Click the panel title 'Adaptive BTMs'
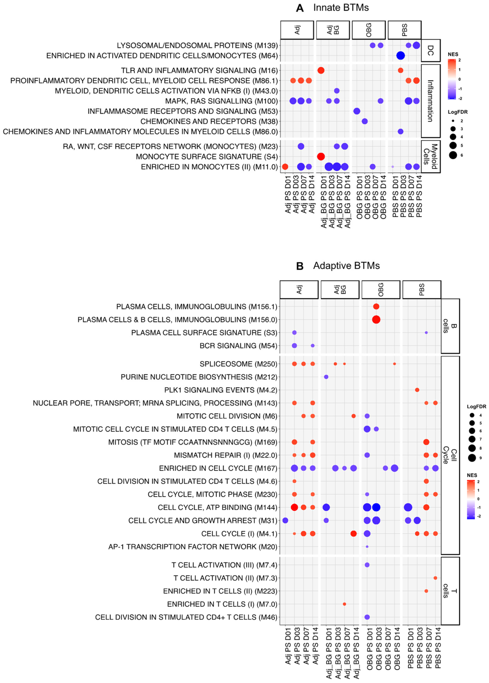point(346,266)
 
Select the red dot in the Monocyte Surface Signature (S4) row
point(321,157)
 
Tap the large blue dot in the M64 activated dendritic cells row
point(400,56)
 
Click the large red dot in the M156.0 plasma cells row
point(376,319)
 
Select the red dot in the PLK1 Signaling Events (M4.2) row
point(417,390)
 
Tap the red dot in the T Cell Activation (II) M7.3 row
point(435,578)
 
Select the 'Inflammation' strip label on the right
point(431,101)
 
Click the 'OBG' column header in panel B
point(381,290)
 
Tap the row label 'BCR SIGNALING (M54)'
point(238,346)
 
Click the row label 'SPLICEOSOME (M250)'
point(238,364)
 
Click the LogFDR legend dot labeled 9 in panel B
point(472,458)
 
